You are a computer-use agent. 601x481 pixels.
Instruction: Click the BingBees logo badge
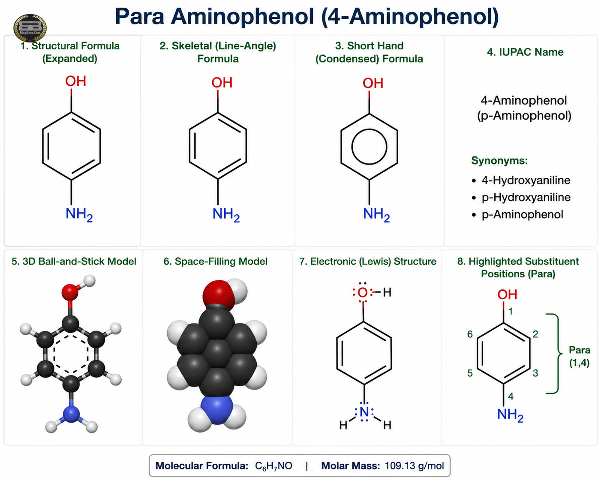(x=30, y=28)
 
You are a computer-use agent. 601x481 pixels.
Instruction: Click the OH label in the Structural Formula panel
(x=75, y=81)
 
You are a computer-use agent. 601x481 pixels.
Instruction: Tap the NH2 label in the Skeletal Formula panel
(x=226, y=214)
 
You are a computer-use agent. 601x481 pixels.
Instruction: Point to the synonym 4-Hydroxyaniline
(x=526, y=180)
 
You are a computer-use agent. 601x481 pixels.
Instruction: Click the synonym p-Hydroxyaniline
(x=526, y=198)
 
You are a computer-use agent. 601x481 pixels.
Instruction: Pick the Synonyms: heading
(x=499, y=161)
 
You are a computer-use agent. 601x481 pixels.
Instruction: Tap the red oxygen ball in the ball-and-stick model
(x=70, y=292)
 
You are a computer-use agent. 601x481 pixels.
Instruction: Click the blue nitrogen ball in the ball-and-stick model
(x=71, y=414)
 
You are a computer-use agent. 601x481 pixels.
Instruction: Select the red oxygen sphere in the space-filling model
(x=218, y=295)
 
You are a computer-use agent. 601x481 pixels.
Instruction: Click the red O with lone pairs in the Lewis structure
(x=363, y=292)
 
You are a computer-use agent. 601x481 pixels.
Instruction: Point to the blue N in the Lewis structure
(x=364, y=412)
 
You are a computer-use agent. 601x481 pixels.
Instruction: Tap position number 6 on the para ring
(x=470, y=334)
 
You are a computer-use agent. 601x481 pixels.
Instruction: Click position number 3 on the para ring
(x=535, y=373)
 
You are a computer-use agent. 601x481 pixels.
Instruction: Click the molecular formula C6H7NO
(x=273, y=466)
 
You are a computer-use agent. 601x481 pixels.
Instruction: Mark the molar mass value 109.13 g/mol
(x=414, y=466)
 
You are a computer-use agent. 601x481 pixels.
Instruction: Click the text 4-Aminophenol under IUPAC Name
(x=524, y=100)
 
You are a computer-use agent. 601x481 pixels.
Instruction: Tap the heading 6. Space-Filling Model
(x=215, y=261)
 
